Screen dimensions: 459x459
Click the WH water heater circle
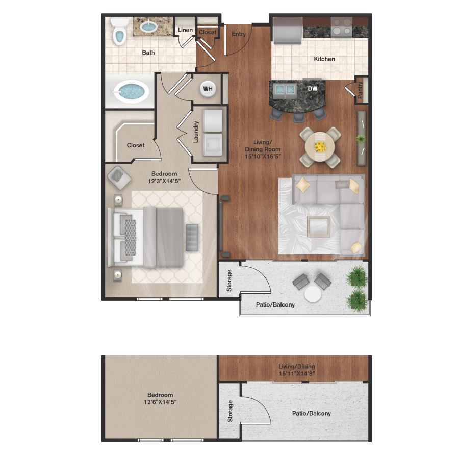point(208,89)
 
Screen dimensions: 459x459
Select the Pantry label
point(361,91)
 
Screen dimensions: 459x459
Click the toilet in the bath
point(119,32)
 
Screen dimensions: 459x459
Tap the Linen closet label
point(185,30)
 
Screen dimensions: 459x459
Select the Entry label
point(239,34)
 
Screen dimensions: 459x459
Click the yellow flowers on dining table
point(320,147)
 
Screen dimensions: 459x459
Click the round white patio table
point(313,294)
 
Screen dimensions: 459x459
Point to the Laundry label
point(196,131)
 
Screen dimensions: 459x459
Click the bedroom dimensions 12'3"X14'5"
point(164,181)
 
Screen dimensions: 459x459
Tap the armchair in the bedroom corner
point(119,176)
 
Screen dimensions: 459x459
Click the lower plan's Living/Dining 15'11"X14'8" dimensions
point(296,373)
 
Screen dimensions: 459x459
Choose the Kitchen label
point(324,59)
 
